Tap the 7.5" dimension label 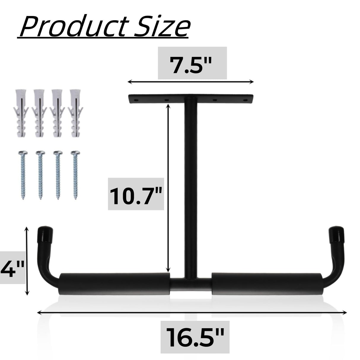click(x=192, y=63)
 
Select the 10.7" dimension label click(x=136, y=194)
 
